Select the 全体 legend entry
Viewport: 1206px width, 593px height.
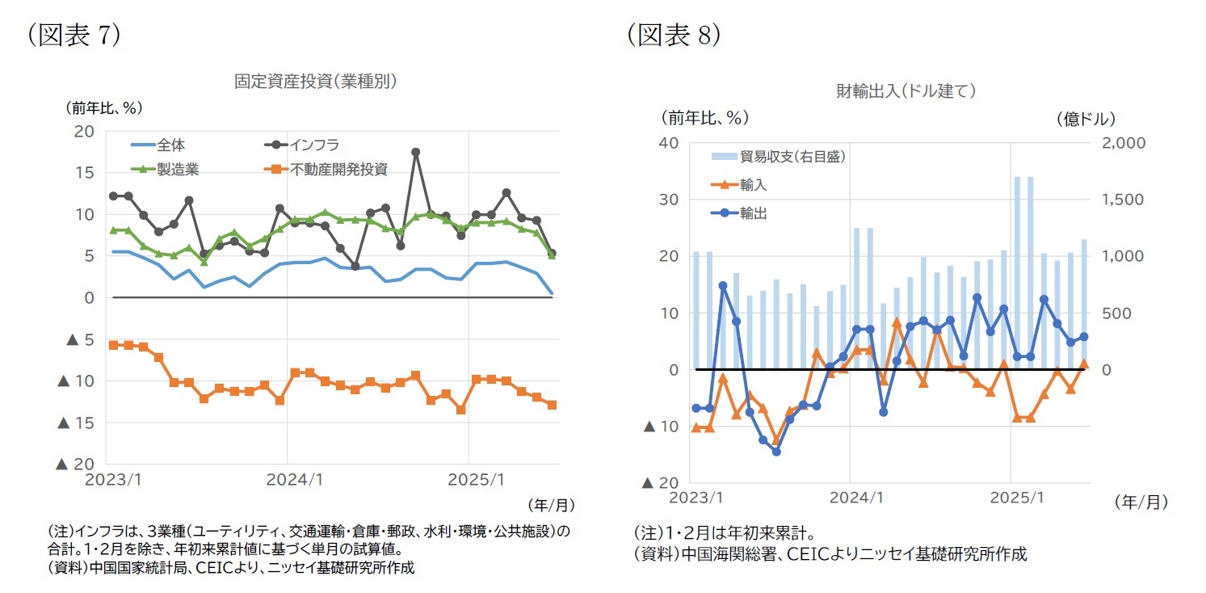[x=170, y=145]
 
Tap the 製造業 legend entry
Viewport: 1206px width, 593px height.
[x=175, y=169]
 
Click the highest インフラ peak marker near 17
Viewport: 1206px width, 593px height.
[x=415, y=152]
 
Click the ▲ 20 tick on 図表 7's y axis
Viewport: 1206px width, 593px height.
[x=74, y=464]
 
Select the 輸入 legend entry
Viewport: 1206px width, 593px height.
[x=753, y=185]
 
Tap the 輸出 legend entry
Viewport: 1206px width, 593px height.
[x=753, y=213]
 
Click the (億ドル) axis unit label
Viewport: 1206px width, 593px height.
[x=1086, y=118]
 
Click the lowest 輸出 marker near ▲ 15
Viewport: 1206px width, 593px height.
[x=776, y=451]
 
